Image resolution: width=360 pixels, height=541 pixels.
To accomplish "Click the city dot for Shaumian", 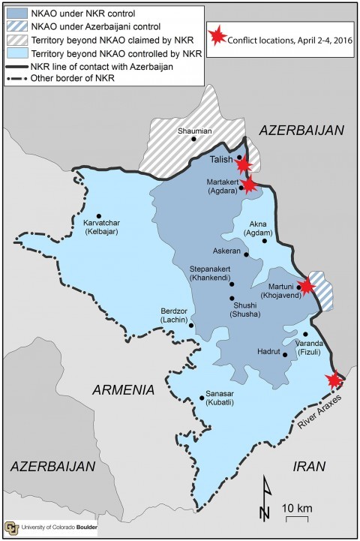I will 193,139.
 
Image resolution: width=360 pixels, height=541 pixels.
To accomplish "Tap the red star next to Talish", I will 243,164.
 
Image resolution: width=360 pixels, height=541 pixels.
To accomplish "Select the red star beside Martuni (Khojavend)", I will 306,286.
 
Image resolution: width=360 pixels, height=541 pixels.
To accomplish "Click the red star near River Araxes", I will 335,380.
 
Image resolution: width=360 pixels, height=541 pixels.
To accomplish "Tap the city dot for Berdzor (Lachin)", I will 192,325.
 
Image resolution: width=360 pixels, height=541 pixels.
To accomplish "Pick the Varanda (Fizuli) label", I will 311,347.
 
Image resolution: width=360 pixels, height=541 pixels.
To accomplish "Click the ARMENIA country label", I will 122,390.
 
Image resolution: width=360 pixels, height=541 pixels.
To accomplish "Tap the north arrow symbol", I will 264,500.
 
